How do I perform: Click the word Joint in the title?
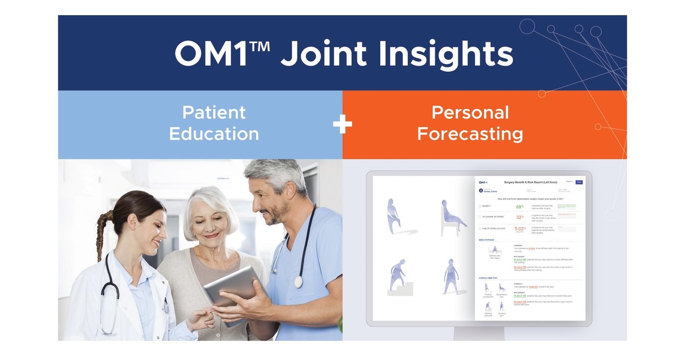322,54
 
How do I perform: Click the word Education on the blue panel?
214,134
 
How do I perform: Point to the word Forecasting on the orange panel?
470,134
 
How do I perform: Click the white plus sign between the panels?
342,124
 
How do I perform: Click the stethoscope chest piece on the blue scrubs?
299,281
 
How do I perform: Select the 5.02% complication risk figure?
520,228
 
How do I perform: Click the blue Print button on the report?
579,182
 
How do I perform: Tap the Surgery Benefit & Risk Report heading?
530,183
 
